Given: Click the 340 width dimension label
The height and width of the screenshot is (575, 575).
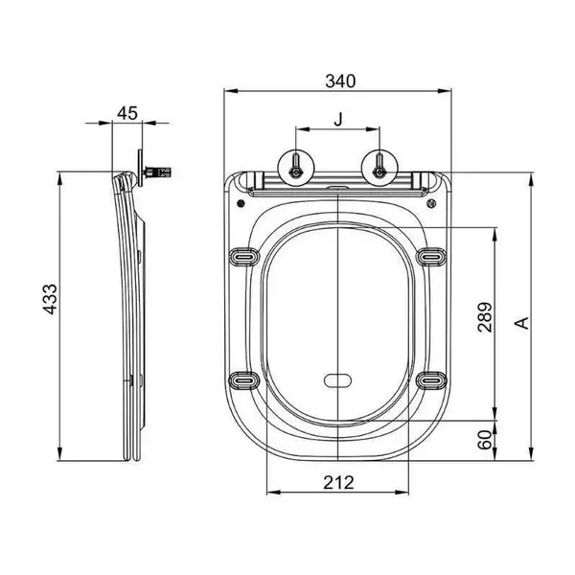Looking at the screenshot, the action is (x=340, y=81).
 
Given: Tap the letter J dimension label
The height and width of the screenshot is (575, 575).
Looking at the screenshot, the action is (x=338, y=120).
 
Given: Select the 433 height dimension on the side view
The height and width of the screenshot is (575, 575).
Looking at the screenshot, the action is (x=50, y=299).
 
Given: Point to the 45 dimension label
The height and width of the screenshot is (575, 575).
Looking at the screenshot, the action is (x=127, y=113).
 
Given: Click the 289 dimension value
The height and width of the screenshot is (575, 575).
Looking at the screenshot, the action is (x=484, y=317).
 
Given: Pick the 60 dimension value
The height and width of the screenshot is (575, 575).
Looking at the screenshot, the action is (x=484, y=440).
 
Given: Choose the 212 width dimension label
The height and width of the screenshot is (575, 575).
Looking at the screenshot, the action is (x=338, y=483).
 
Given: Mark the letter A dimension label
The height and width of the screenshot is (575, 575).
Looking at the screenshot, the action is (x=522, y=323).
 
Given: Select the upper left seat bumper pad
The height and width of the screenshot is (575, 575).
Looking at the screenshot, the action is (x=244, y=257).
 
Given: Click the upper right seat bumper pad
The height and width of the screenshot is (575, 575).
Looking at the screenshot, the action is (x=431, y=257).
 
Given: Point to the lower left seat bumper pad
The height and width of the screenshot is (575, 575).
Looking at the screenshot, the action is (x=244, y=380).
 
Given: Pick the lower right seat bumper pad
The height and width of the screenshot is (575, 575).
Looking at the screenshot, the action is (x=431, y=380).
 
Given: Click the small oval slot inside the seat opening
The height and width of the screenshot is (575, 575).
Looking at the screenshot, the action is (x=337, y=380).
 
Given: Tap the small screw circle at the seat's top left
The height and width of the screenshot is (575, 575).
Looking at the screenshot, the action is (x=241, y=203).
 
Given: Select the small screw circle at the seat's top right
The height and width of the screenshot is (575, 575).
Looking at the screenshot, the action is (x=431, y=203).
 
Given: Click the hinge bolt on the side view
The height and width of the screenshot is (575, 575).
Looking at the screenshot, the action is (x=157, y=172).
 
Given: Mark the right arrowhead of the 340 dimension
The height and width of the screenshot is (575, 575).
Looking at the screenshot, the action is (x=444, y=91).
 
